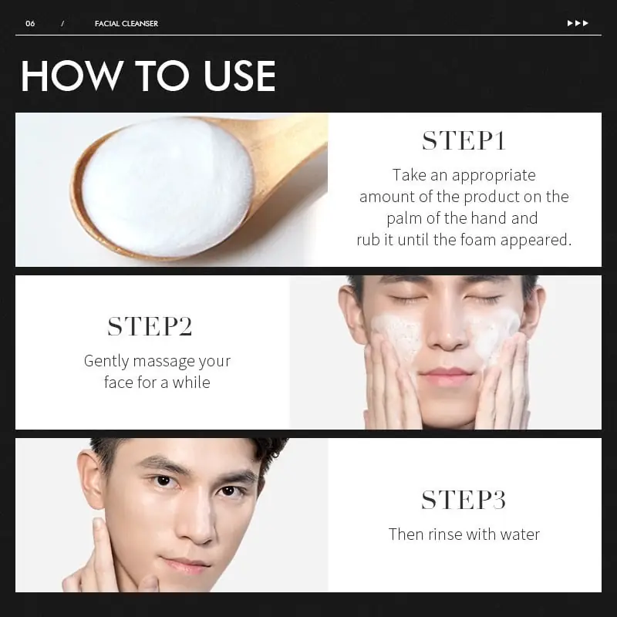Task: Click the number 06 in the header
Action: click(x=30, y=23)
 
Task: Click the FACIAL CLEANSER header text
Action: click(x=126, y=23)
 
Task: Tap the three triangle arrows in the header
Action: click(x=578, y=23)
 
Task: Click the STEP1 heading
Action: click(x=464, y=141)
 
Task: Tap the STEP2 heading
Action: click(x=150, y=327)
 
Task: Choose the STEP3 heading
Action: click(x=464, y=500)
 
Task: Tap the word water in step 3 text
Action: click(x=519, y=534)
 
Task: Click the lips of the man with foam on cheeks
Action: click(x=446, y=378)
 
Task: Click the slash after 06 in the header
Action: click(x=62, y=23)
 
